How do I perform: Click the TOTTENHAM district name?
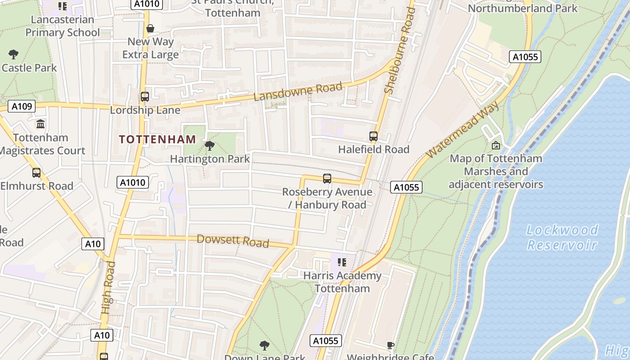click(x=157, y=139)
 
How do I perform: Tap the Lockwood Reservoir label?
click(x=562, y=237)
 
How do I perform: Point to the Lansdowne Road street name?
click(x=297, y=92)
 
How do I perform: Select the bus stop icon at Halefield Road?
click(x=373, y=136)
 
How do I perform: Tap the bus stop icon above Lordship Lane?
click(x=145, y=97)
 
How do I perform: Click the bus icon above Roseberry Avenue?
click(x=327, y=179)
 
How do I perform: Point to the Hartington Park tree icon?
click(x=209, y=146)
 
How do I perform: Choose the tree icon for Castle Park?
click(x=13, y=54)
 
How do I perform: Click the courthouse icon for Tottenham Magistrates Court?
click(x=40, y=124)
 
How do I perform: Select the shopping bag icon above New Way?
click(x=150, y=28)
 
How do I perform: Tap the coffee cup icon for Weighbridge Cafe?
click(x=391, y=345)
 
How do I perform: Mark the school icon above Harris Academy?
click(x=342, y=262)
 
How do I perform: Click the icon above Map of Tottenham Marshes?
click(x=496, y=145)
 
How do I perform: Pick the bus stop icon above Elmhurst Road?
click(x=36, y=172)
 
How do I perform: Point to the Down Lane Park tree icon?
click(x=265, y=345)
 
